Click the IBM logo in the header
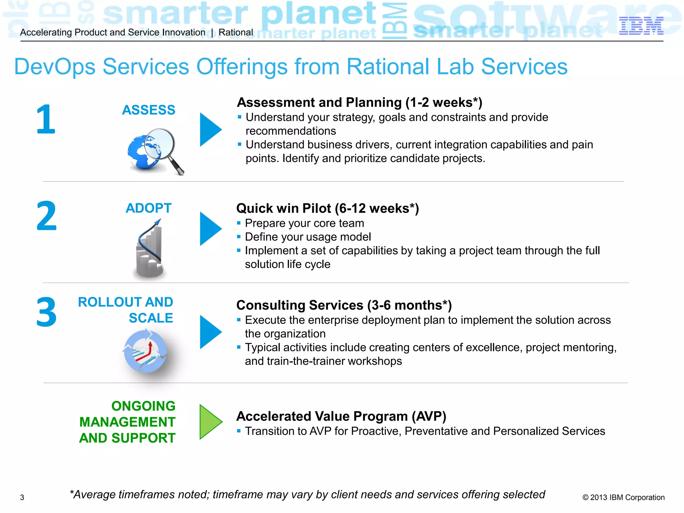pyautogui.click(x=641, y=26)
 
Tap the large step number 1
pyautogui.click(x=45, y=119)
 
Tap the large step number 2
pyautogui.click(x=46, y=216)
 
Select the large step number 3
pyautogui.click(x=46, y=312)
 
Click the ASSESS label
pyautogui.click(x=149, y=110)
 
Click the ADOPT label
pyautogui.click(x=149, y=208)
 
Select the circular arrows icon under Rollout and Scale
pyautogui.click(x=145, y=351)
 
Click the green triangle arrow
pyautogui.click(x=210, y=422)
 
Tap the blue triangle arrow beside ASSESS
pyautogui.click(x=210, y=130)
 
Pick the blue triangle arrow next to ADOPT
pyautogui.click(x=210, y=229)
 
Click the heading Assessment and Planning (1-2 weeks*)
pyautogui.click(x=359, y=102)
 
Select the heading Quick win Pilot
pyautogui.click(x=327, y=208)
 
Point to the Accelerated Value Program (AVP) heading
pyautogui.click(x=341, y=416)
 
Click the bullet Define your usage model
pyautogui.click(x=308, y=237)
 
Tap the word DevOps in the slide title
pyautogui.click(x=55, y=66)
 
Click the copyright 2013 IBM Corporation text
pyautogui.click(x=623, y=497)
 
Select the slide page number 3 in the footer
pyautogui.click(x=22, y=497)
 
